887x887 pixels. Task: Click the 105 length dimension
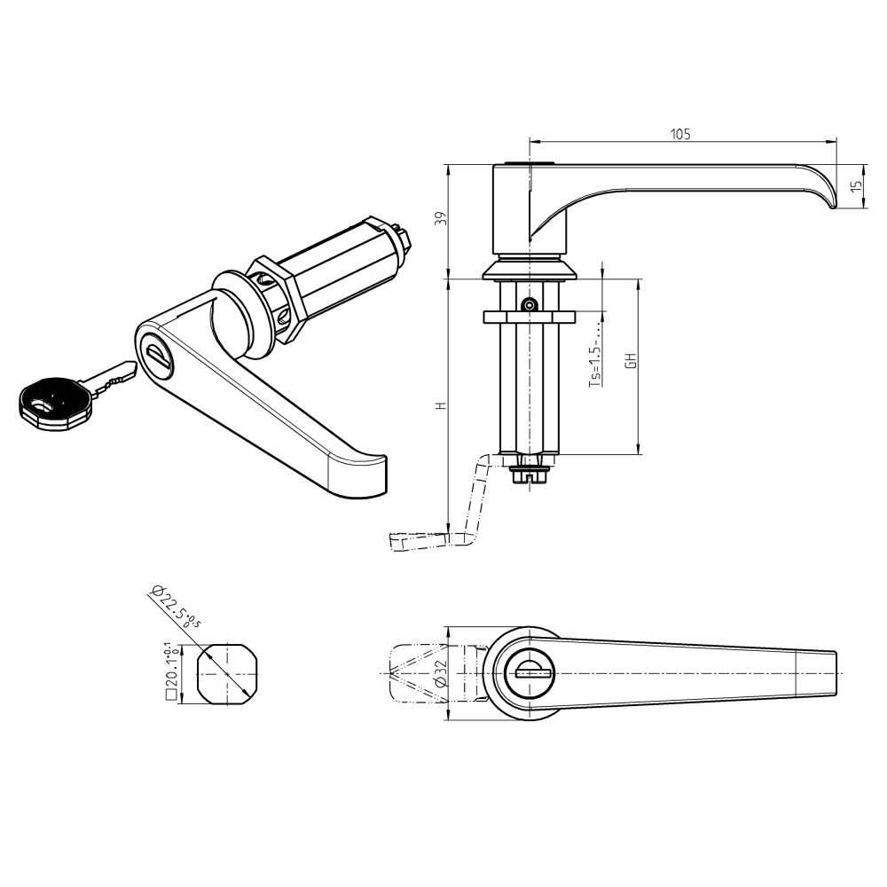pos(680,134)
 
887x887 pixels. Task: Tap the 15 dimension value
pos(855,186)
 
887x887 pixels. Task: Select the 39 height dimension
pos(439,220)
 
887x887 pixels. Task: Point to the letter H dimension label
pos(439,405)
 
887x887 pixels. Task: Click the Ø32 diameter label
pos(441,676)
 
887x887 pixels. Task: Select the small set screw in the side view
pos(529,304)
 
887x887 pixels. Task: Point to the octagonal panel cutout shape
pos(227,675)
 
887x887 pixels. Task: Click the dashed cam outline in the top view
pos(417,675)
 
